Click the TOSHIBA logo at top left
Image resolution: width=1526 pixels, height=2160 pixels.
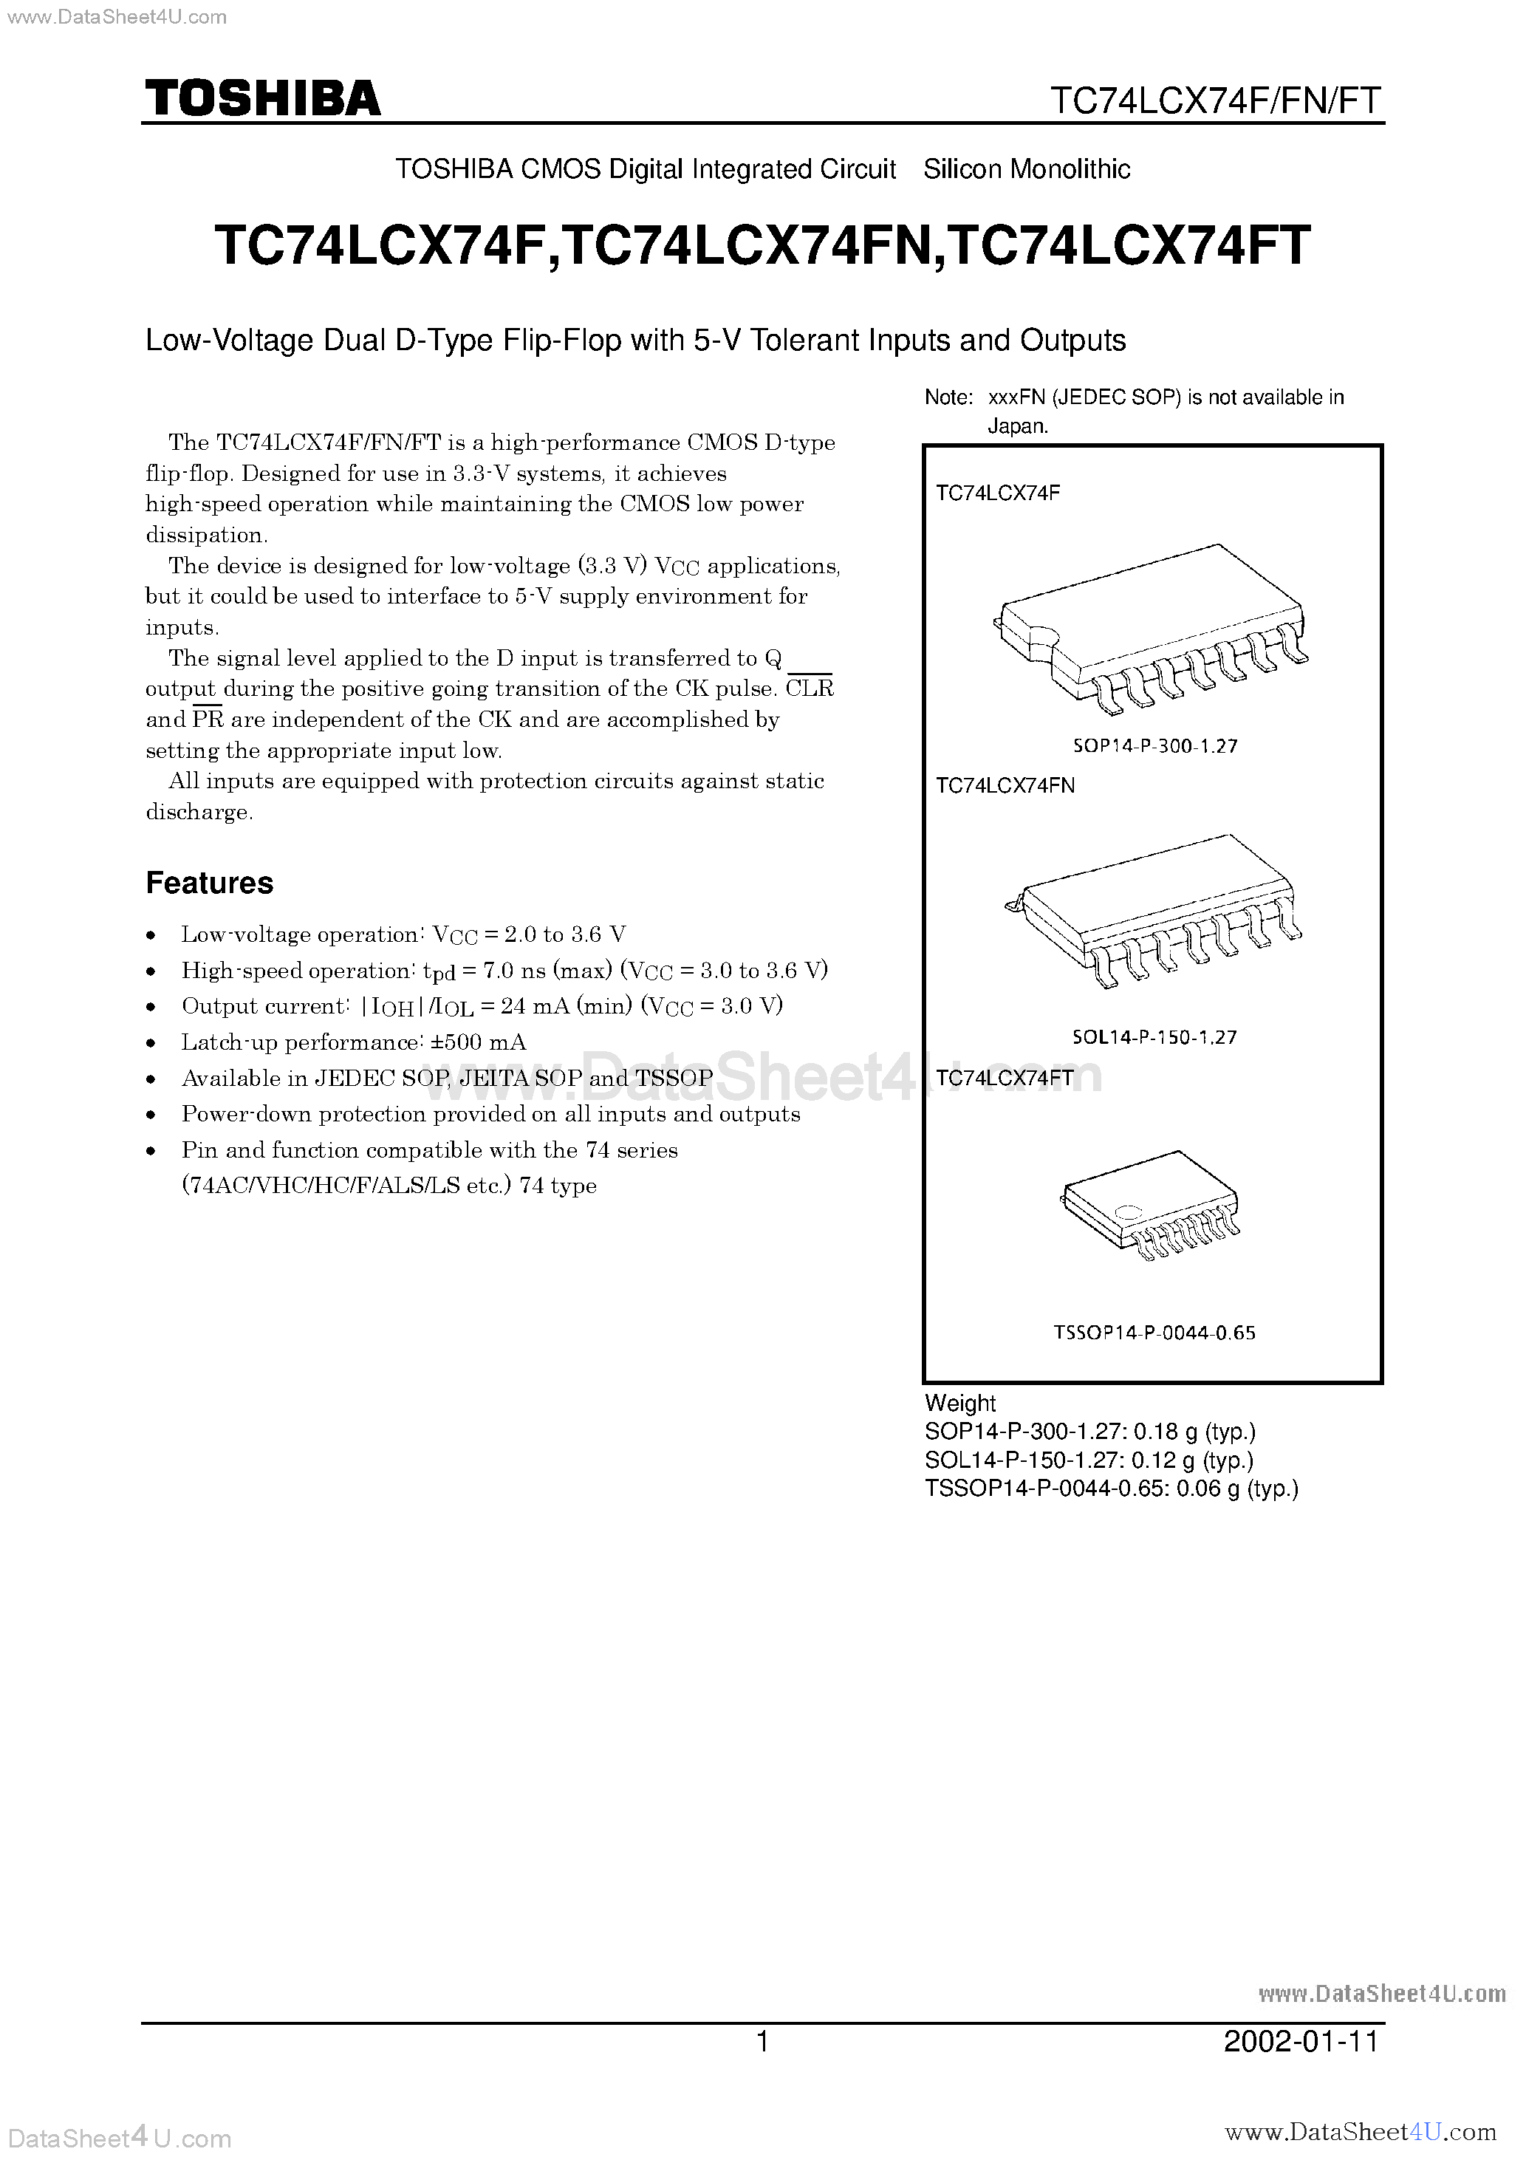(262, 98)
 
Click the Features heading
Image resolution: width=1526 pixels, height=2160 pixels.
(209, 883)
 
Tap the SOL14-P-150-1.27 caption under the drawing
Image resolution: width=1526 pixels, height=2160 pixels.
(1154, 1036)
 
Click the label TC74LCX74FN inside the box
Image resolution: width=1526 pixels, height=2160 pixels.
(1004, 785)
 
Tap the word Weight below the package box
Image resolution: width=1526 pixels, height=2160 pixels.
(959, 1403)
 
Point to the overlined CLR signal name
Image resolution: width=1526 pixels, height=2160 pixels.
(809, 688)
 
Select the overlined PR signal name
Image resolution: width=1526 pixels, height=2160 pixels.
(207, 720)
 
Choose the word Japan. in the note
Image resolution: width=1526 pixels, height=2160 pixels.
(1017, 426)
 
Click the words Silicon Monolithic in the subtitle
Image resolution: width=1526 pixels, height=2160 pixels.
(1027, 169)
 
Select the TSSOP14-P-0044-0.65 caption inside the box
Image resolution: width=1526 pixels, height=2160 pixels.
(1154, 1332)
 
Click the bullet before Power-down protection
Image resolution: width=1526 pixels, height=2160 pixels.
(151, 1115)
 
